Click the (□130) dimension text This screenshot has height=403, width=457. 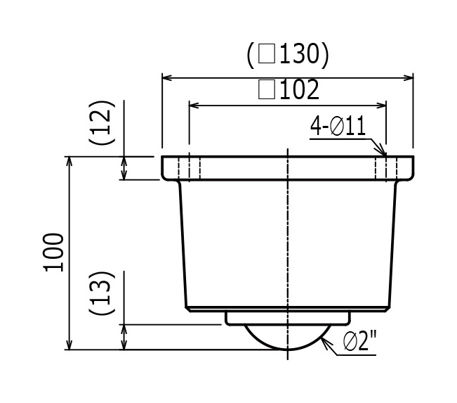288,55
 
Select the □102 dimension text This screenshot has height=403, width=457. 289,89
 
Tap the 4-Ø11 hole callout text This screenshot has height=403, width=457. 338,126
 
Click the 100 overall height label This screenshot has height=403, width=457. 53,252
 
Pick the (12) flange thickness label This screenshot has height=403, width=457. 102,122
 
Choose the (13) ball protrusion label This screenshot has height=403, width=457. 102,293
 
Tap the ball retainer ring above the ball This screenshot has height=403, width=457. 288,318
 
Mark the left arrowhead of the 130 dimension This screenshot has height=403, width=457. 166,78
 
